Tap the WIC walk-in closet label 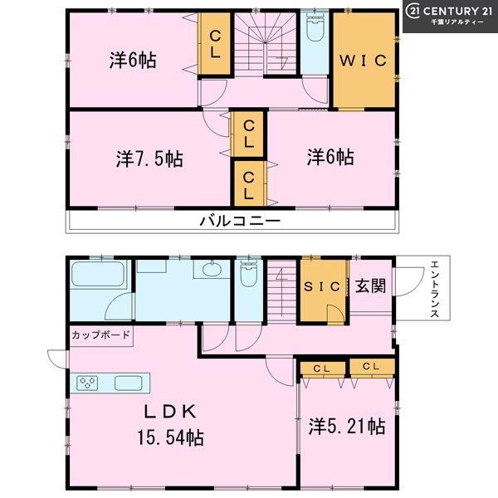click(364, 61)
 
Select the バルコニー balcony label click(240, 221)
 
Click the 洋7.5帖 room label click(149, 159)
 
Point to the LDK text click(170, 412)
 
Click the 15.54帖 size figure click(170, 437)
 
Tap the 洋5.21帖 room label click(347, 427)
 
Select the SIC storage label click(322, 287)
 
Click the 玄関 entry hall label click(370, 286)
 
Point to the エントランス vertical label click(434, 289)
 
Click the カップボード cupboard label click(100, 334)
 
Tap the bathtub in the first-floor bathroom click(98, 274)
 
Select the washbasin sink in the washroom click(212, 270)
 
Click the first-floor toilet click(249, 273)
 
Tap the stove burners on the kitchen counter click(87, 383)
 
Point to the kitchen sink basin click(129, 383)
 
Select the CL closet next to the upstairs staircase click(215, 44)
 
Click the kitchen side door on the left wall click(57, 359)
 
